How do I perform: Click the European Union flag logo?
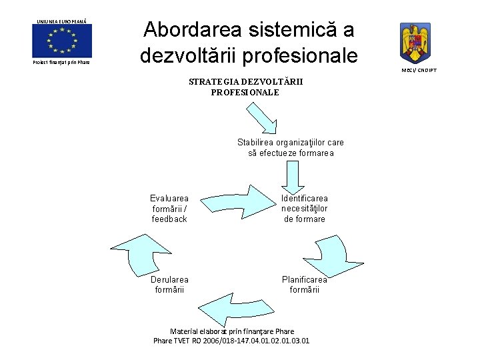coord(62,41)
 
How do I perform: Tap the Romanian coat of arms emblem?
coord(415,43)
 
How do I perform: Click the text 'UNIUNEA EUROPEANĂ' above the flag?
coord(62,21)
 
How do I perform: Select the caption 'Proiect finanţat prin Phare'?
coord(61,62)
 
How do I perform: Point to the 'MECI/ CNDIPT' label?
coord(419,70)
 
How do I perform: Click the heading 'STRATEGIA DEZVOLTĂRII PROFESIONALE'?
coord(245,87)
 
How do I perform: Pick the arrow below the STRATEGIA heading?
coord(261,118)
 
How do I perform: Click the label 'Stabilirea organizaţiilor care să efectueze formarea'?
coord(291,147)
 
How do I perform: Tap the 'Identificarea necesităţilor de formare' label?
coord(304,209)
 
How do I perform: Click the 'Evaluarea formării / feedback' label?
coord(169,209)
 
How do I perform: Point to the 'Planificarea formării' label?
coord(305,285)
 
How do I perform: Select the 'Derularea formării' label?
coord(169,285)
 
